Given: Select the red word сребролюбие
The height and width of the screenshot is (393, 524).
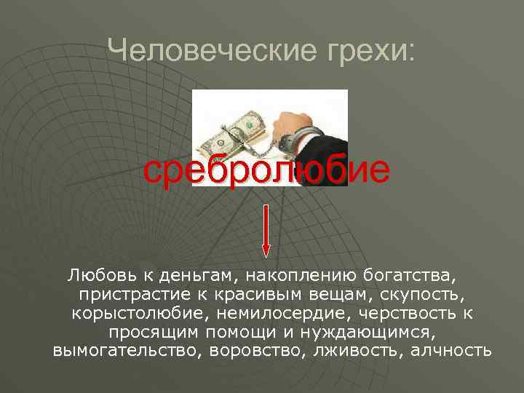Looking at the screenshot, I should tap(266, 170).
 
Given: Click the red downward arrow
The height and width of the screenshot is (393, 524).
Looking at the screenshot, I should tap(266, 230).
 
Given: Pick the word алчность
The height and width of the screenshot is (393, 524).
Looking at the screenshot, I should tap(451, 351).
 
